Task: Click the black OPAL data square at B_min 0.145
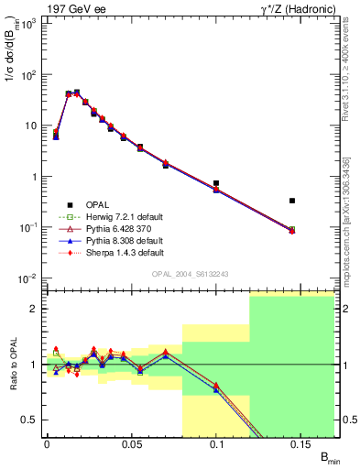[x=292, y=201]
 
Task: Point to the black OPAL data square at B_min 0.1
[x=216, y=184]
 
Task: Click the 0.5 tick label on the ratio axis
[x=33, y=420]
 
